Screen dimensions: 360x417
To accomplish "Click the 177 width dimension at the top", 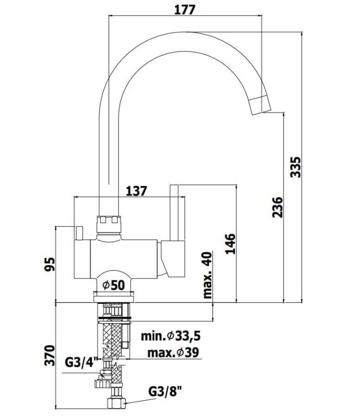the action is tap(185, 10).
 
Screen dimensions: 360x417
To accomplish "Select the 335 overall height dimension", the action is tap(295, 167).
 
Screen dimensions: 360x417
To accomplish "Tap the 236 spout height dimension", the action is tap(278, 207).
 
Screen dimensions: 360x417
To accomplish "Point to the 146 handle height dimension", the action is tap(231, 244).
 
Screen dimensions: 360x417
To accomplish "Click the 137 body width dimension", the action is tap(136, 191).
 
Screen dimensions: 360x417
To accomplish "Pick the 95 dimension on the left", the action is tap(50, 264).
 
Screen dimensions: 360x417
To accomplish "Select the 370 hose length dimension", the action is tap(50, 355).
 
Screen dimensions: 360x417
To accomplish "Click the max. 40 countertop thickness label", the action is tap(208, 275).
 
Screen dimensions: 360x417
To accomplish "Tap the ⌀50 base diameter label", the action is tap(114, 285).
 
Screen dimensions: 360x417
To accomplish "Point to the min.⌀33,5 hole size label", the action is tap(171, 336).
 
